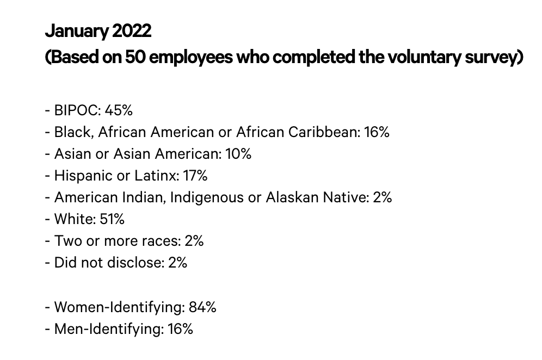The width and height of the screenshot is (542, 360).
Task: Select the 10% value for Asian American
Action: pyautogui.click(x=238, y=154)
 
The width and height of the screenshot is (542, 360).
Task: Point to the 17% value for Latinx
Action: pyautogui.click(x=195, y=176)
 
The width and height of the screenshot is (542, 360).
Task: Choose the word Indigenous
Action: pyautogui.click(x=207, y=197)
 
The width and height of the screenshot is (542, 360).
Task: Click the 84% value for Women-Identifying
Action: pyautogui.click(x=202, y=307)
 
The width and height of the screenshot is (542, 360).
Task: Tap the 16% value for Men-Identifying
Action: pyautogui.click(x=180, y=329)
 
